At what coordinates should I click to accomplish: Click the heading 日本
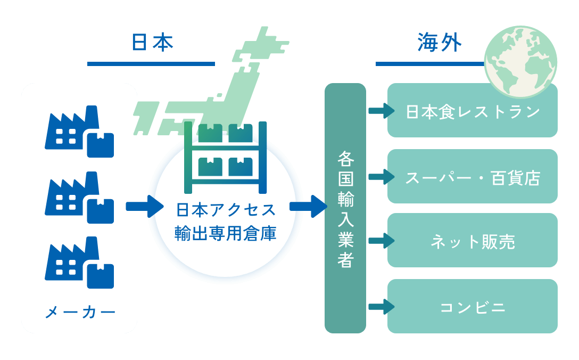(x=152, y=43)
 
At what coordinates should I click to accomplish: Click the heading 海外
(x=439, y=43)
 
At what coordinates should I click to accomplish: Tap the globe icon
(x=520, y=62)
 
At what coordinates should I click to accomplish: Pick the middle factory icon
(x=79, y=198)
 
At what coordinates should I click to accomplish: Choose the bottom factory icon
(x=79, y=263)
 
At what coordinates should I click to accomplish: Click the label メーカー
(x=80, y=312)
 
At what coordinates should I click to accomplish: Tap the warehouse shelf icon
(x=225, y=158)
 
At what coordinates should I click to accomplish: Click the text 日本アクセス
(x=226, y=210)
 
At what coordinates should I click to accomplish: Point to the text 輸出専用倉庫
(x=226, y=233)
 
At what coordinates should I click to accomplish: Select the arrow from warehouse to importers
(x=308, y=206)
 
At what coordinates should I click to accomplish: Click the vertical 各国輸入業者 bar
(x=345, y=208)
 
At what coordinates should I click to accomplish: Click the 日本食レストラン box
(x=472, y=111)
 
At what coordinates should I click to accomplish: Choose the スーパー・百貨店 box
(x=472, y=177)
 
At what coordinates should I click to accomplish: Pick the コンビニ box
(x=472, y=307)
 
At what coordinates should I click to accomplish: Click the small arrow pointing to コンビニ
(x=381, y=307)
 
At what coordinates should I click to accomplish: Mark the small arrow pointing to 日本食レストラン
(x=381, y=111)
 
